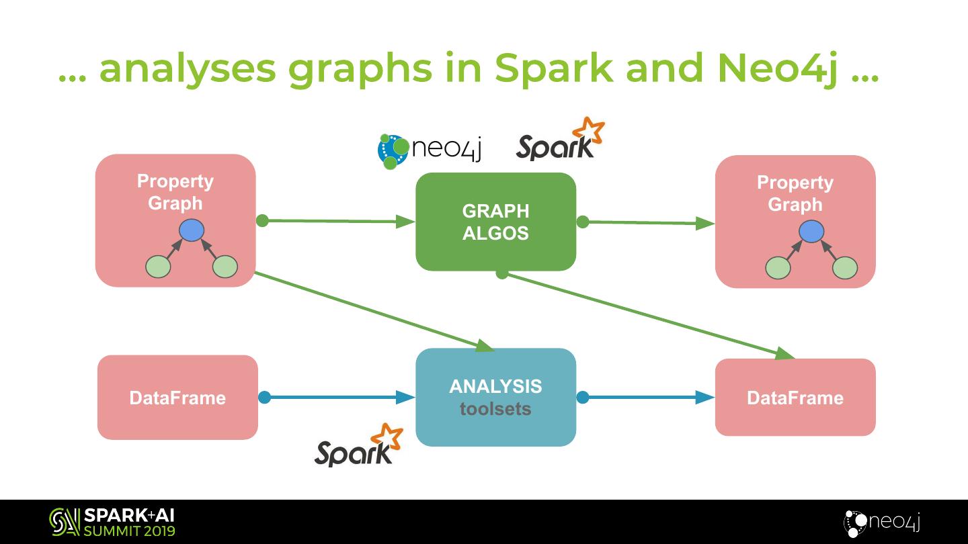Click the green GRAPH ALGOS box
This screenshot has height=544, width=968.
pos(495,222)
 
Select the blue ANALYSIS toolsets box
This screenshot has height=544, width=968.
pos(495,397)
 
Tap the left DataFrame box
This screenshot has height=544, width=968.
pos(177,398)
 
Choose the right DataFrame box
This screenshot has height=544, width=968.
pos(795,398)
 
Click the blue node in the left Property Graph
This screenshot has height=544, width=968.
pos(192,230)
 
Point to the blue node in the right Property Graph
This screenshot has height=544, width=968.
pos(811,232)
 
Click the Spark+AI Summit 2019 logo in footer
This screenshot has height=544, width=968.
pos(112,523)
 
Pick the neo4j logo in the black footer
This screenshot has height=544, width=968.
pos(882,523)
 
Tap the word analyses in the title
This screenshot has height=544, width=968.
pos(187,69)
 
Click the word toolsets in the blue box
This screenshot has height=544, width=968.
pos(495,409)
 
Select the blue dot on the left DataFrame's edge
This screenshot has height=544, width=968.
pos(264,398)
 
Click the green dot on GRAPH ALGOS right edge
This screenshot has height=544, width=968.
pos(583,222)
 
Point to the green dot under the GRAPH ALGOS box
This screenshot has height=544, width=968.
pos(501,273)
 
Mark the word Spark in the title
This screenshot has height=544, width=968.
pos(553,69)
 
